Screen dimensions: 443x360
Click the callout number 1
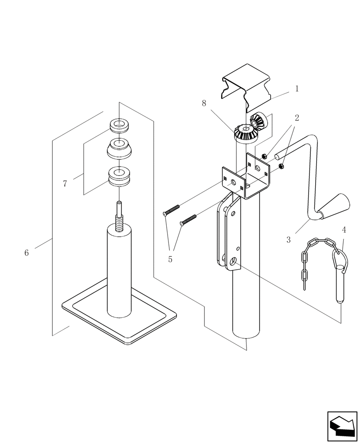(x=297, y=89)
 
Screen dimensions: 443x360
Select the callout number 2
(x=297, y=118)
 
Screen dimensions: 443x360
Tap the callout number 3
(x=289, y=240)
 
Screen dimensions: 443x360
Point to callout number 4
(x=344, y=230)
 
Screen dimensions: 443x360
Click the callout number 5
(x=170, y=260)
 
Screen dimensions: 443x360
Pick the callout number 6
(x=27, y=253)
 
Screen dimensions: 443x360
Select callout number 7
(x=65, y=183)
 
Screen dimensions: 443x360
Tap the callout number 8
(x=204, y=103)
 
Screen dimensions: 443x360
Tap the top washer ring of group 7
(x=120, y=125)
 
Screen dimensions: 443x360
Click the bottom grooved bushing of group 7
(x=119, y=176)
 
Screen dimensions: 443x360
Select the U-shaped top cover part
(x=247, y=87)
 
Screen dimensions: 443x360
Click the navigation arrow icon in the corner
(x=343, y=426)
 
